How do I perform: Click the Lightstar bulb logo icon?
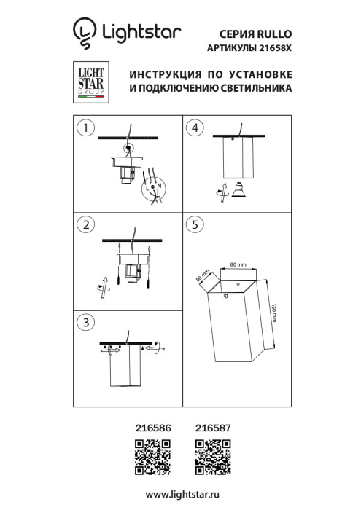(x=84, y=31)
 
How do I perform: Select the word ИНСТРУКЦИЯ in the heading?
(x=165, y=76)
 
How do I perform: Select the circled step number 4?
(x=193, y=128)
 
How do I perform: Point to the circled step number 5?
(x=193, y=224)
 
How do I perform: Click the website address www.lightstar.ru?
(x=181, y=495)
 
